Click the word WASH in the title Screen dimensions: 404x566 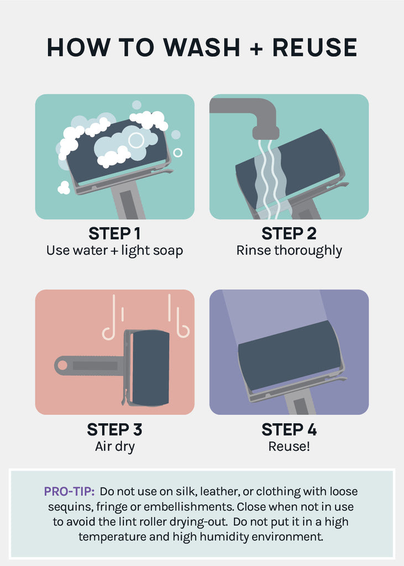click(201, 48)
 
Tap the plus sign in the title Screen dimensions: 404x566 click(256, 48)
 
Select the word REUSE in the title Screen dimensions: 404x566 click(314, 48)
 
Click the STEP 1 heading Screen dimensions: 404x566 click(114, 234)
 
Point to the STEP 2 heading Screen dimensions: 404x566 click(289, 234)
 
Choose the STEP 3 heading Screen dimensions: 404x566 click(114, 429)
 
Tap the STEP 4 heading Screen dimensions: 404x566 click(289, 429)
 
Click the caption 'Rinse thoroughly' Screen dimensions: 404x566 click(289, 251)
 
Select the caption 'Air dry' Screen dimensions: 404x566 click(115, 447)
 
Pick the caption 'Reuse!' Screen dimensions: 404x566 click(289, 447)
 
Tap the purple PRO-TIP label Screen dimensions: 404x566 click(69, 491)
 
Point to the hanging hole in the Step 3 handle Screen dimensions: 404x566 click(62, 365)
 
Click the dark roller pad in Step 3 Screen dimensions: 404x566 click(149, 368)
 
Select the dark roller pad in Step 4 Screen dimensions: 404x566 click(289, 355)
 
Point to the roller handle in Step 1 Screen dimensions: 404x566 click(129, 200)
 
